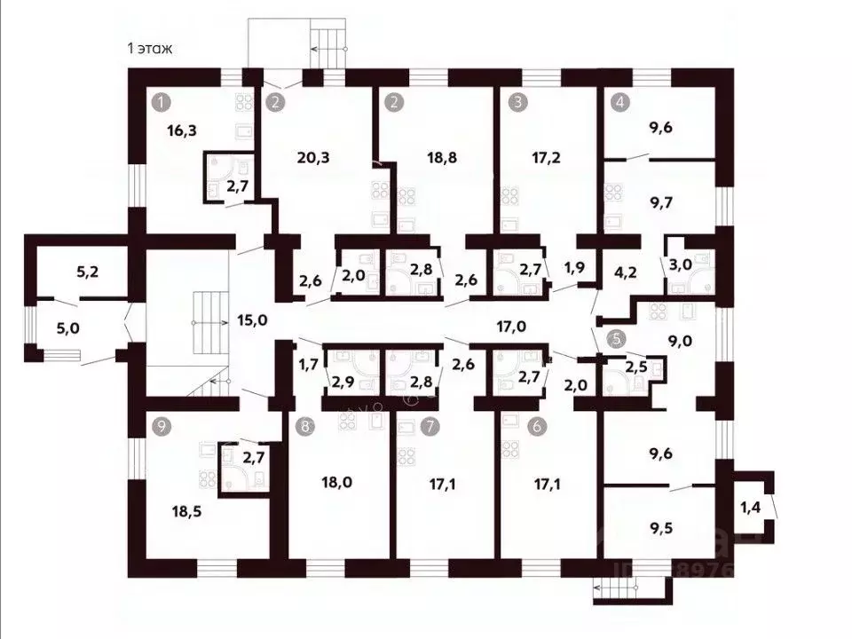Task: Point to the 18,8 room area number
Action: click(421, 158)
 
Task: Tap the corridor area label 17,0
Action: click(510, 326)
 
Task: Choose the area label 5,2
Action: click(88, 272)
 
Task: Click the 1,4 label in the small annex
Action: click(751, 508)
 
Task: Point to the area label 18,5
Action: click(188, 511)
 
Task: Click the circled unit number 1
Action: click(161, 101)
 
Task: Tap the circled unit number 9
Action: click(161, 425)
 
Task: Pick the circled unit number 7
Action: click(430, 426)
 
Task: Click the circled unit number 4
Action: click(619, 101)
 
